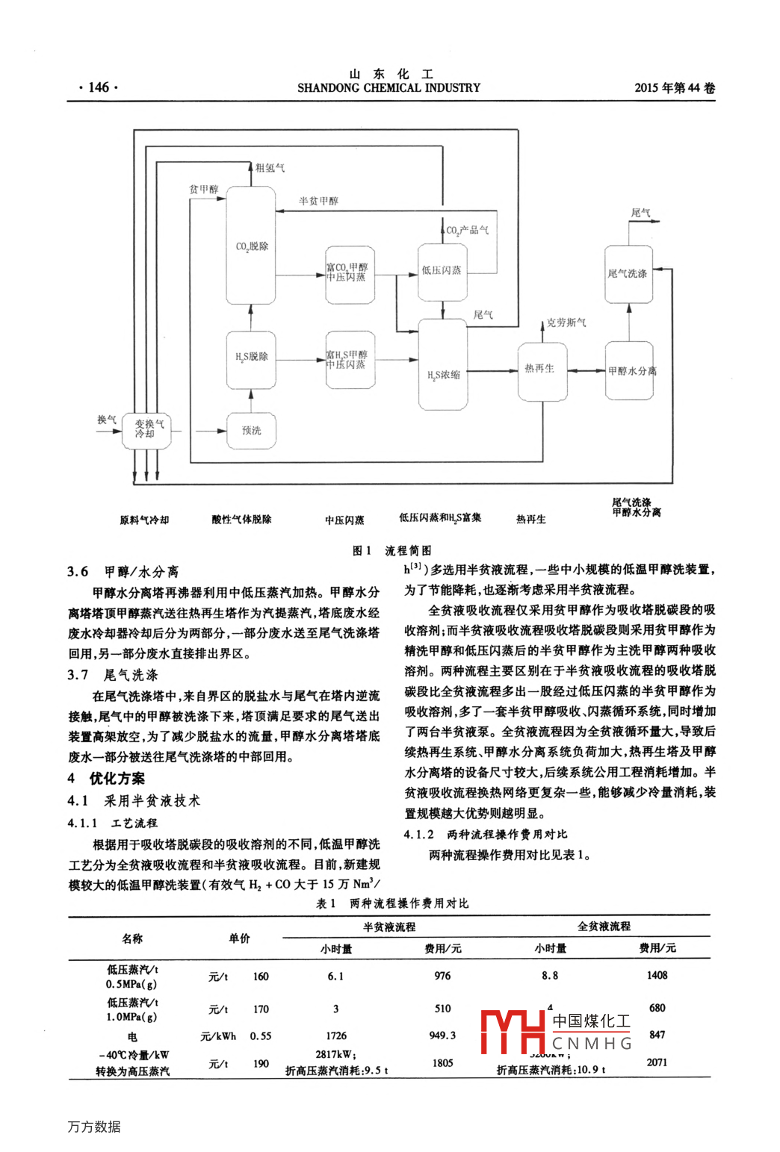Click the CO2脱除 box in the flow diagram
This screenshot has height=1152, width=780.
(251, 246)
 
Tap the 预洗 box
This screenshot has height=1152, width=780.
(251, 431)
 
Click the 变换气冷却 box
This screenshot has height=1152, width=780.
(148, 430)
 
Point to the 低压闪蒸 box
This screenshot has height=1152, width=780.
(442, 271)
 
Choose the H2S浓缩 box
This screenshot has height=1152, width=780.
(443, 366)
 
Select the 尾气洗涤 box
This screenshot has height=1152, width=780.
(628, 273)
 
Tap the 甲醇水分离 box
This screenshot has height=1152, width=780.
(629, 370)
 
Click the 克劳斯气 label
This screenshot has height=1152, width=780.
(566, 323)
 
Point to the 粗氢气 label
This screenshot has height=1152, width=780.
(270, 168)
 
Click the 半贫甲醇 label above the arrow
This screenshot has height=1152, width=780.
(318, 201)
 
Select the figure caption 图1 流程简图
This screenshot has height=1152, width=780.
(391, 550)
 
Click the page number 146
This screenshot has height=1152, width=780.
(98, 87)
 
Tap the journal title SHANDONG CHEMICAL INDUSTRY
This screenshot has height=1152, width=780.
(389, 88)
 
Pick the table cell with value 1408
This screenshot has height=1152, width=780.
(657, 975)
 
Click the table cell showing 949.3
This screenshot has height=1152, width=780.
(442, 1036)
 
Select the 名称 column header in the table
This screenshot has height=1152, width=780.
(132, 938)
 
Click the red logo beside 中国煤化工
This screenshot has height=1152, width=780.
(513, 1032)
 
